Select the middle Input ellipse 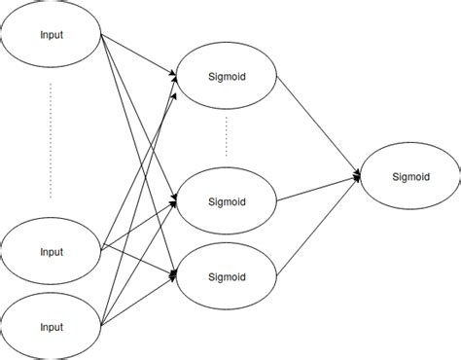coord(52,252)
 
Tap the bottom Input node coord(52,322)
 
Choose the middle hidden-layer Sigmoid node coord(227,202)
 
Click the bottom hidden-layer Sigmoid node coord(227,275)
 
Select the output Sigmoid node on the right coord(409,177)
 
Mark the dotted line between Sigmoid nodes coord(227,137)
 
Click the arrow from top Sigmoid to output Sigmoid coord(321,126)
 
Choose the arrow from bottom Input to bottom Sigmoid coord(139,297)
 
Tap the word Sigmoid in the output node coord(409,177)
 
